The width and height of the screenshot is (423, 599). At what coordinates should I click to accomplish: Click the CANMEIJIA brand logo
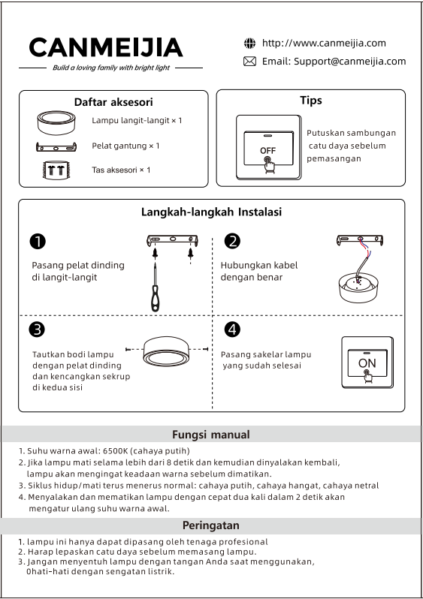pyautogui.click(x=105, y=47)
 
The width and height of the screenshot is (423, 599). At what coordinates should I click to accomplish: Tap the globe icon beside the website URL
pyautogui.click(x=249, y=44)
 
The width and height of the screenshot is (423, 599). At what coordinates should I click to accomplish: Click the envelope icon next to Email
pyautogui.click(x=249, y=61)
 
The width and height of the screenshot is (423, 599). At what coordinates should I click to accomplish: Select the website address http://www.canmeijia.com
pyautogui.click(x=324, y=43)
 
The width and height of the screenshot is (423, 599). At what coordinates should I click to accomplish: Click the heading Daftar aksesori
pyautogui.click(x=113, y=102)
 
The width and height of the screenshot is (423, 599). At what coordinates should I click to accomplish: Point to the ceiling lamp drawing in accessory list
pyautogui.click(x=56, y=122)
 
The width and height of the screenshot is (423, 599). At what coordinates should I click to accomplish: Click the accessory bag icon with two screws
pyautogui.click(x=56, y=170)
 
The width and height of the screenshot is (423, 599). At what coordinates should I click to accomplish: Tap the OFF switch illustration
pyautogui.click(x=268, y=147)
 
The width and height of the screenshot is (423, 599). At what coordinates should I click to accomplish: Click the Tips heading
pyautogui.click(x=311, y=100)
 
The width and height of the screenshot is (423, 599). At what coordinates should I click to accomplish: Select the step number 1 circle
pyautogui.click(x=38, y=242)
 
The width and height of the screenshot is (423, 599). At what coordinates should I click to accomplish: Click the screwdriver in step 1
pyautogui.click(x=155, y=287)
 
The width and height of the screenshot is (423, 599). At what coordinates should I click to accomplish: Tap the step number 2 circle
pyautogui.click(x=232, y=242)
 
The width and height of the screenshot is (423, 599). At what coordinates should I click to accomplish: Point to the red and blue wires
pyautogui.click(x=366, y=248)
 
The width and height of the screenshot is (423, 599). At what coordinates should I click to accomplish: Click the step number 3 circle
pyautogui.click(x=37, y=330)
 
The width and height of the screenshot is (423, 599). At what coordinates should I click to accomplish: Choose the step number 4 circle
pyautogui.click(x=232, y=330)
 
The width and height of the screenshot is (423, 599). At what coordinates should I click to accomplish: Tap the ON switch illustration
pyautogui.click(x=367, y=362)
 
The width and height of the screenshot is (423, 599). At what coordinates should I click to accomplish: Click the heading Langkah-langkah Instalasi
pyautogui.click(x=212, y=212)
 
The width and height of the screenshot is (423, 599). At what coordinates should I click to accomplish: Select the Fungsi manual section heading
pyautogui.click(x=210, y=435)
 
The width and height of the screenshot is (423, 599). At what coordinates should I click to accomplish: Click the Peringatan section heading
pyautogui.click(x=210, y=525)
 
